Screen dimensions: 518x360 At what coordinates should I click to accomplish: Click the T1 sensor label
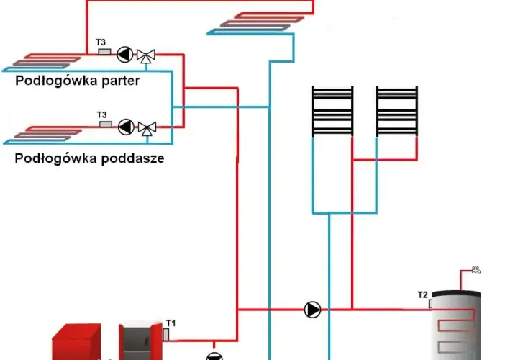tap(171, 323)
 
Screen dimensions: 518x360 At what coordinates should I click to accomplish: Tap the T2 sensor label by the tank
tap(422, 294)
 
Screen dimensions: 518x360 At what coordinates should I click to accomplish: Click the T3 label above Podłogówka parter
tap(101, 42)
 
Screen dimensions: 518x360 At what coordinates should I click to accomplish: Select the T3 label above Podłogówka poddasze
tap(101, 114)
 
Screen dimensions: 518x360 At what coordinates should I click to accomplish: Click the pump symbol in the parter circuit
tap(125, 54)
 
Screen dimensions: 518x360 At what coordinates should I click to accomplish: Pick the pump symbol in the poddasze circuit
tap(126, 127)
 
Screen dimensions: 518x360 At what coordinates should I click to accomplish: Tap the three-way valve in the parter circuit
tap(146, 56)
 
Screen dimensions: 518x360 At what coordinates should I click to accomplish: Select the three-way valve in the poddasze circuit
tap(147, 129)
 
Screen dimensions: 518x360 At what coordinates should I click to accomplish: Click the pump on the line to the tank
tap(312, 310)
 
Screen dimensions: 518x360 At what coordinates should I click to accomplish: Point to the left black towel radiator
tap(332, 111)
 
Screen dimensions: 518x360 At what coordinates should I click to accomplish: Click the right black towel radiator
tap(396, 111)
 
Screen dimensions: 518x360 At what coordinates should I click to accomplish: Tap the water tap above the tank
tap(476, 270)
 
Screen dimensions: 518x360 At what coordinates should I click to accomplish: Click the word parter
tap(121, 81)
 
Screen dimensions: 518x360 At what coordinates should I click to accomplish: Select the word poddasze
tap(133, 158)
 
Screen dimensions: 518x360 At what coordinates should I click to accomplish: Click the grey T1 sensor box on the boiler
tap(166, 334)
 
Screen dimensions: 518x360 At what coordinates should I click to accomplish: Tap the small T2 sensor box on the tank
tap(430, 304)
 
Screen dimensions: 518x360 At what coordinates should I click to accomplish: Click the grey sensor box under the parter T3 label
tap(105, 52)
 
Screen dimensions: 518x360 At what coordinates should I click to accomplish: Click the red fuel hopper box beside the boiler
tap(77, 342)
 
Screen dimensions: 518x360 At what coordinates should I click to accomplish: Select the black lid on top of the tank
tap(456, 294)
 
